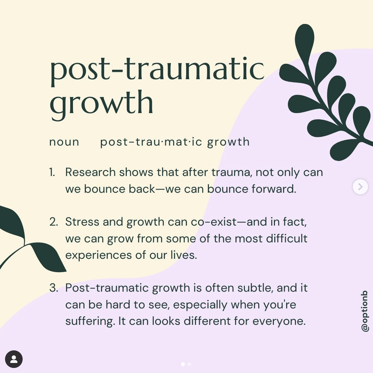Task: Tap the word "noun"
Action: [x=64, y=142]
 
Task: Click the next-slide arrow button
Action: [x=360, y=187]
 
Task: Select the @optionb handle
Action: [x=365, y=311]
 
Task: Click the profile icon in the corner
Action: [x=14, y=359]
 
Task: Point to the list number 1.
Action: [x=52, y=172]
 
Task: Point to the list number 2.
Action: [x=53, y=222]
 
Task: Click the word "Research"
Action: [x=90, y=172]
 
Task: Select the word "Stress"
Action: [x=82, y=222]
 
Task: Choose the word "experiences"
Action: [x=98, y=255]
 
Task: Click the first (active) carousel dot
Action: [x=183, y=364]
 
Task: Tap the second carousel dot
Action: [x=189, y=364]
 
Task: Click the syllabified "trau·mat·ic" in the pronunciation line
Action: [x=169, y=142]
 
